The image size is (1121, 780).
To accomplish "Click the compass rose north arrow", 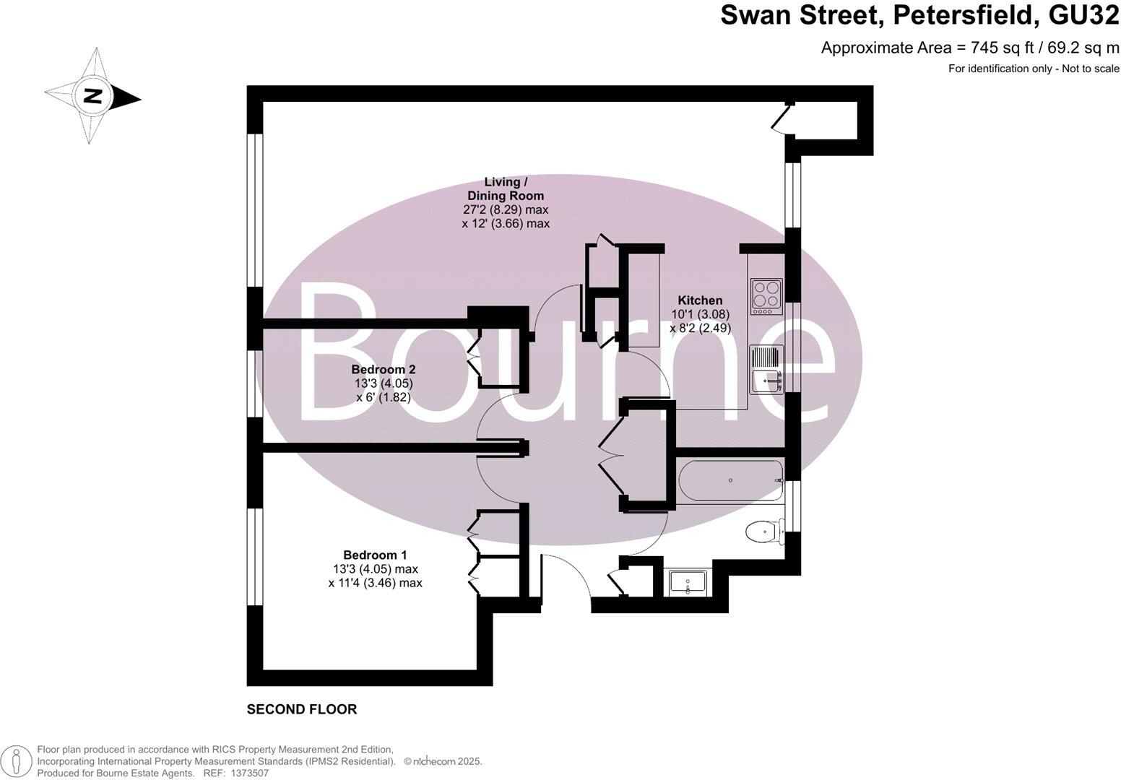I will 92,96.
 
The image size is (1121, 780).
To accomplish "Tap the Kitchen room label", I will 699,300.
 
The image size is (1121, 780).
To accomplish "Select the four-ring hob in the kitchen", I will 766,296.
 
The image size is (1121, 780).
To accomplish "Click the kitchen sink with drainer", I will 767,370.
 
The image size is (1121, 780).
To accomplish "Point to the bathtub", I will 730,481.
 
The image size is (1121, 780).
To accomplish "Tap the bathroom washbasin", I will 690,582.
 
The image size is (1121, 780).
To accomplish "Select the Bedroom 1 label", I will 375,555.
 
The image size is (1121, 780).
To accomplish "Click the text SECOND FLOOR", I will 302,709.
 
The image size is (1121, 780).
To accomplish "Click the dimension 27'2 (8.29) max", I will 506,209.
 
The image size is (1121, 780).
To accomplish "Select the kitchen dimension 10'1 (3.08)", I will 700,314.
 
